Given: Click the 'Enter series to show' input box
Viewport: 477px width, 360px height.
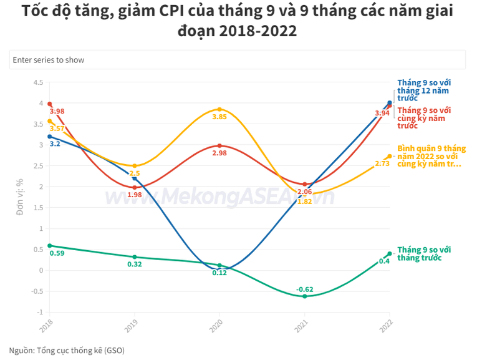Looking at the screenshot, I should pos(237,60).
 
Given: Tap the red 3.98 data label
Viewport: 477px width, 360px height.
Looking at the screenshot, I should pos(57,112).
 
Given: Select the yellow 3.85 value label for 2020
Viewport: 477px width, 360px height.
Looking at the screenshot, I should pos(219,117).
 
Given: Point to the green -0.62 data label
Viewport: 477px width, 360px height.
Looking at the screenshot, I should pos(305,289).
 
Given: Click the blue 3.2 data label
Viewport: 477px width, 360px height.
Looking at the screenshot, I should pos(55,144).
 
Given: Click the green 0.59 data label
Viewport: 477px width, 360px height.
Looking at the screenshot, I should pos(57,253).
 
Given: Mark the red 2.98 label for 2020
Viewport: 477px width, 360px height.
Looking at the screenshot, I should pos(219,153).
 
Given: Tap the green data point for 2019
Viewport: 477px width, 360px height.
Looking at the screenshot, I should pos(135,257).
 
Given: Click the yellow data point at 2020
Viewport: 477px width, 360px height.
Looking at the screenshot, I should pos(219,109).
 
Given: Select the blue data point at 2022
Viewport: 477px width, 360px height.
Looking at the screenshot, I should pos(390,103).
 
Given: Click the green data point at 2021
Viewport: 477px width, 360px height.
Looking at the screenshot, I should pos(305,296).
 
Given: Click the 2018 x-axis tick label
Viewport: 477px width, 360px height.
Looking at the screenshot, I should pos(46,326).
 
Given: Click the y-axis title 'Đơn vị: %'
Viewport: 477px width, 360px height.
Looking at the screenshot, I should pos(20,197).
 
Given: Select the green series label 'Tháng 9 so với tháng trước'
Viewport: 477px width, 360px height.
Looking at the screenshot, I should pos(424,253).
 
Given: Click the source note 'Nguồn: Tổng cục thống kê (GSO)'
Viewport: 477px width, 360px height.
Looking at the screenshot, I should pos(67,350).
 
